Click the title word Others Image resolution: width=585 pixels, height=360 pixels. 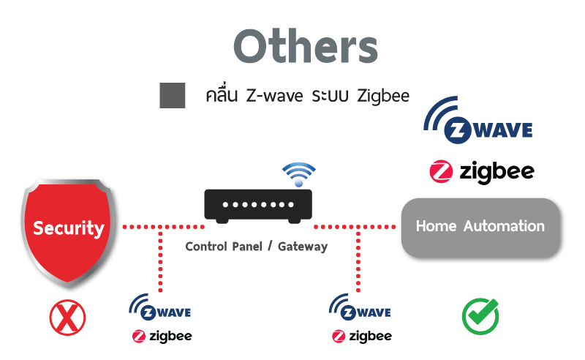(x=306, y=47)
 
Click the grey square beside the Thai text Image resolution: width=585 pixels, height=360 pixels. (x=173, y=96)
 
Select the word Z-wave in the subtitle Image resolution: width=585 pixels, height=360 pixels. (x=274, y=96)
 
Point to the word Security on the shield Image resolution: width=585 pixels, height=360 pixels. (x=69, y=228)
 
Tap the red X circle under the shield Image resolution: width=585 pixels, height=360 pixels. (x=67, y=318)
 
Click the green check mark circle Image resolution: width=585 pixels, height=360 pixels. (x=480, y=317)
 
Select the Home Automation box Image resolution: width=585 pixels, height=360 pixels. (x=480, y=228)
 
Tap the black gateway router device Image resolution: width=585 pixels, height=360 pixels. (x=257, y=205)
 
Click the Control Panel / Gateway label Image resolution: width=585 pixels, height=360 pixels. (x=257, y=247)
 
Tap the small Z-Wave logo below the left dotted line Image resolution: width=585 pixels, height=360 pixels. (x=160, y=308)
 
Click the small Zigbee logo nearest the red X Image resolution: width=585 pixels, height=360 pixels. (x=162, y=336)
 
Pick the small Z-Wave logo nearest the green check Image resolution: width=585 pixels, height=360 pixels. (x=360, y=308)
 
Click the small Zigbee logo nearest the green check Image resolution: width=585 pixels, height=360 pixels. (x=361, y=336)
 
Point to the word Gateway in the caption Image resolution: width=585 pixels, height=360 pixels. (x=303, y=247)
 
